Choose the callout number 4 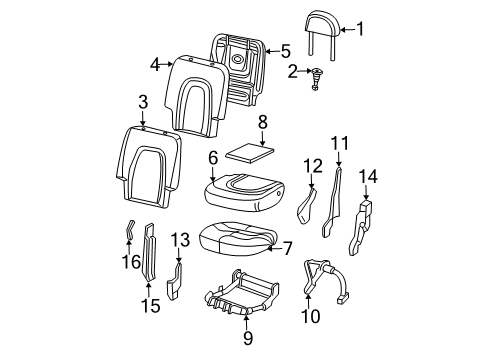pos(156,64)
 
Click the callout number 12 pos(313,164)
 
